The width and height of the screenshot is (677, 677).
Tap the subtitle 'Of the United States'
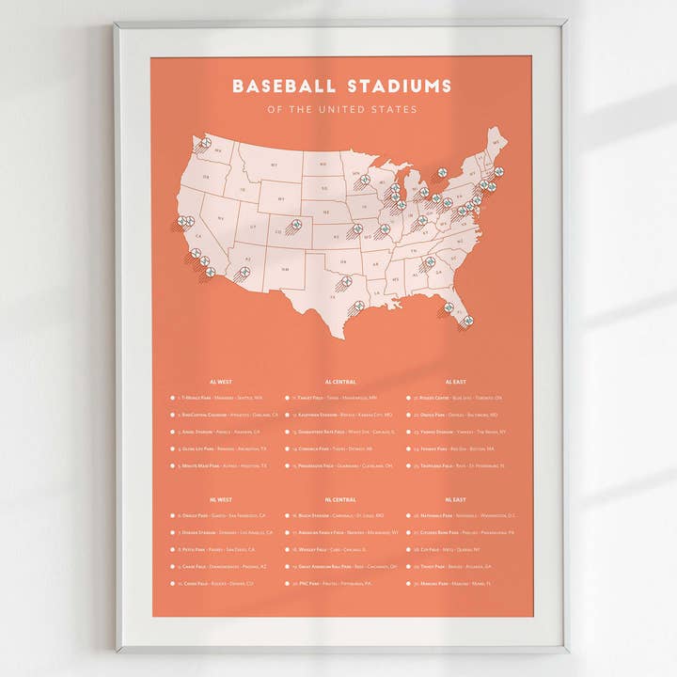[x=341, y=110]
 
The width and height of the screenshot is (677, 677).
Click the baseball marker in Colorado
[x=294, y=226]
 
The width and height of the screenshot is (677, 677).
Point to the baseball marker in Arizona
[x=244, y=272]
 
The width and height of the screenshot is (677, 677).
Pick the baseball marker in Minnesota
[x=364, y=180]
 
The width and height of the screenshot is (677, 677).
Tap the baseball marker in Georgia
[x=430, y=262]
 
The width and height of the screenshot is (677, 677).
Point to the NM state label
[x=283, y=269]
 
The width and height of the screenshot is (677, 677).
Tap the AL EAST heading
[x=455, y=382]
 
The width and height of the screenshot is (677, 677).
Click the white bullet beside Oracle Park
[x=172, y=516]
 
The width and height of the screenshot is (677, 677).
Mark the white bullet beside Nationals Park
[x=408, y=516]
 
